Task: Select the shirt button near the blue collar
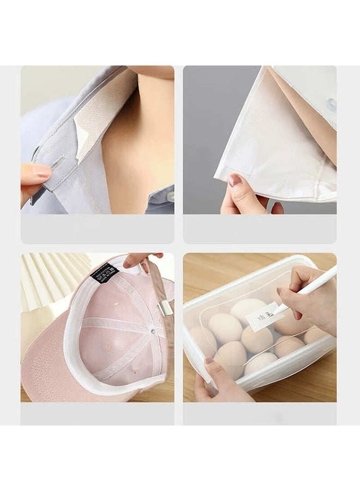(170, 196)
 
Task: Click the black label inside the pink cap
(104, 272)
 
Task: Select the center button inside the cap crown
(152, 331)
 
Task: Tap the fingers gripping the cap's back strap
(139, 260)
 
